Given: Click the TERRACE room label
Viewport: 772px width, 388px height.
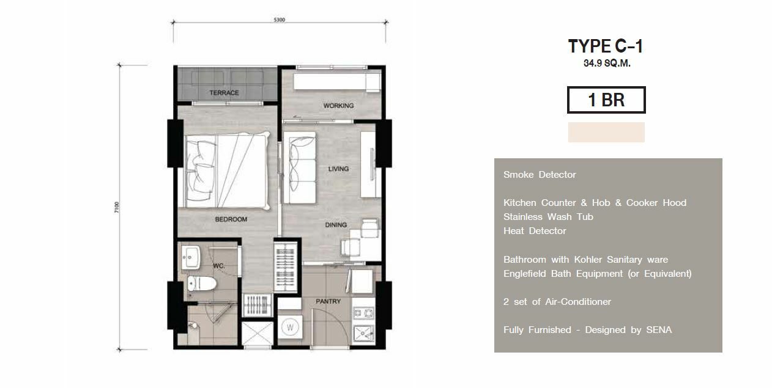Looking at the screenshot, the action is (x=224, y=93).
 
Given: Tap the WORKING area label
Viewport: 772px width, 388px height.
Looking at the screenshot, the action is (x=338, y=106).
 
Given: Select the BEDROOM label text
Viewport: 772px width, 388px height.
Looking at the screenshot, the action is (x=231, y=219).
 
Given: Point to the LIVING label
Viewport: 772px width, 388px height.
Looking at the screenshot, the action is (x=338, y=169).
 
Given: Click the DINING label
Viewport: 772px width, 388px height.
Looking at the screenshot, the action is (x=336, y=225).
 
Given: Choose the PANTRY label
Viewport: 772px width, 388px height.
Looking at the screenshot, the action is (x=328, y=301).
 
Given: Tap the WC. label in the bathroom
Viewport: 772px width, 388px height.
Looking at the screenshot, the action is (x=219, y=266).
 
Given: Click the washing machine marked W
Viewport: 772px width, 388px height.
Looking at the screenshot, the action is (x=290, y=327).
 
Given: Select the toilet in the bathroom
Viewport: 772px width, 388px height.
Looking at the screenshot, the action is (x=202, y=284).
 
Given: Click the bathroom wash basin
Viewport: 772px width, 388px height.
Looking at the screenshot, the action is (x=191, y=257).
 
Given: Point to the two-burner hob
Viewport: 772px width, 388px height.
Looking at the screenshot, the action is (x=363, y=313).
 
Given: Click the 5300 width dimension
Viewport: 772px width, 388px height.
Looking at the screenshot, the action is (x=280, y=20).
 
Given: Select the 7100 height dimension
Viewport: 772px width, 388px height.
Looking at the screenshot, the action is (x=116, y=207).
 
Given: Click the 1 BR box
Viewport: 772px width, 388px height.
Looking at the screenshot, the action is (x=606, y=100).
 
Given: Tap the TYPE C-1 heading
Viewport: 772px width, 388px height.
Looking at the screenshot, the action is (x=606, y=46).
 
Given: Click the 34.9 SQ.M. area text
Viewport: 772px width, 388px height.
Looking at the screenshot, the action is (x=607, y=64).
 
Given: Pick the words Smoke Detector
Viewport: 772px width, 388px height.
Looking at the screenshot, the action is (x=540, y=175).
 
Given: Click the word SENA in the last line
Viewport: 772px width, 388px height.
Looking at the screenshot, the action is (x=659, y=330).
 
